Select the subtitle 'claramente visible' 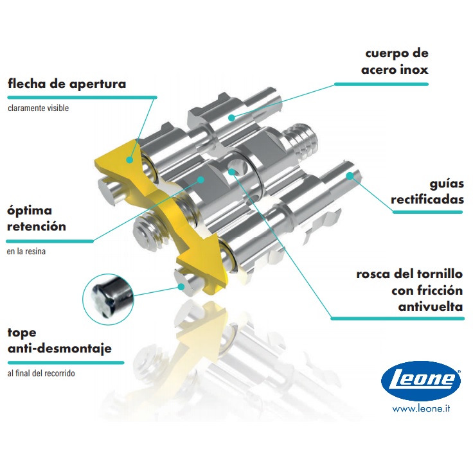click(x=38, y=108)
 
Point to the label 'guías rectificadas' click(x=427, y=191)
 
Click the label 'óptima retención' click(x=37, y=218)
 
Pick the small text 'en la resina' click(x=26, y=252)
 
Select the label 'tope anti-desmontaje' click(x=59, y=341)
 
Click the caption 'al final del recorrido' click(x=45, y=373)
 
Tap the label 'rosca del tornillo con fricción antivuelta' click(x=409, y=290)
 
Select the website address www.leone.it click(x=421, y=408)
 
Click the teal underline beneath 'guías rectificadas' click(x=427, y=211)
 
